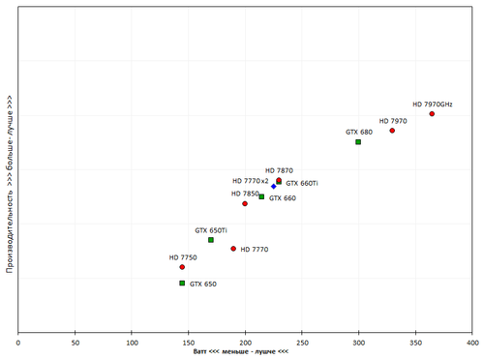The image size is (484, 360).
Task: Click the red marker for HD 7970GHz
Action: (x=432, y=114)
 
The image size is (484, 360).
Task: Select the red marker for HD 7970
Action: (x=392, y=131)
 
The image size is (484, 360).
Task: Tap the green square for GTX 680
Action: (x=358, y=142)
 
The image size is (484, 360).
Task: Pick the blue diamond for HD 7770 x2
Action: (x=274, y=186)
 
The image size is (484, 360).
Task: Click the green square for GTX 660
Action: (x=261, y=197)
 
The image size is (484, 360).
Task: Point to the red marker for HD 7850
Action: (x=245, y=203)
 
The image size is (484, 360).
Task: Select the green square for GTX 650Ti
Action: (x=211, y=240)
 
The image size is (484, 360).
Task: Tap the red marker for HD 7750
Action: (x=182, y=267)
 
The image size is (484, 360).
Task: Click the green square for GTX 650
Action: (x=182, y=284)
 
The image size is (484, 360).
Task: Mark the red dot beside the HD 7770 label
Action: (x=233, y=249)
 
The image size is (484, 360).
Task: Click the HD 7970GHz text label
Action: (x=433, y=104)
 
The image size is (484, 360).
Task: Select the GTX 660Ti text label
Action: (x=302, y=183)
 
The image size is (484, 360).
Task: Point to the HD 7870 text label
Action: (x=279, y=170)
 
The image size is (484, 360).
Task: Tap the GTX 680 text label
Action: (x=359, y=132)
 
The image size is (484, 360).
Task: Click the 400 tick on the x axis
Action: (x=471, y=342)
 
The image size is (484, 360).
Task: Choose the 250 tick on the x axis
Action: (x=302, y=342)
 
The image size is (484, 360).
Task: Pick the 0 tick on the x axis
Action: (x=17, y=342)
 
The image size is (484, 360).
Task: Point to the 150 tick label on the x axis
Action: (x=188, y=342)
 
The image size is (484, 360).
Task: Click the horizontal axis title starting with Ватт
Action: (x=242, y=351)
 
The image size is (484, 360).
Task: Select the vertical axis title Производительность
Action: (x=9, y=184)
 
